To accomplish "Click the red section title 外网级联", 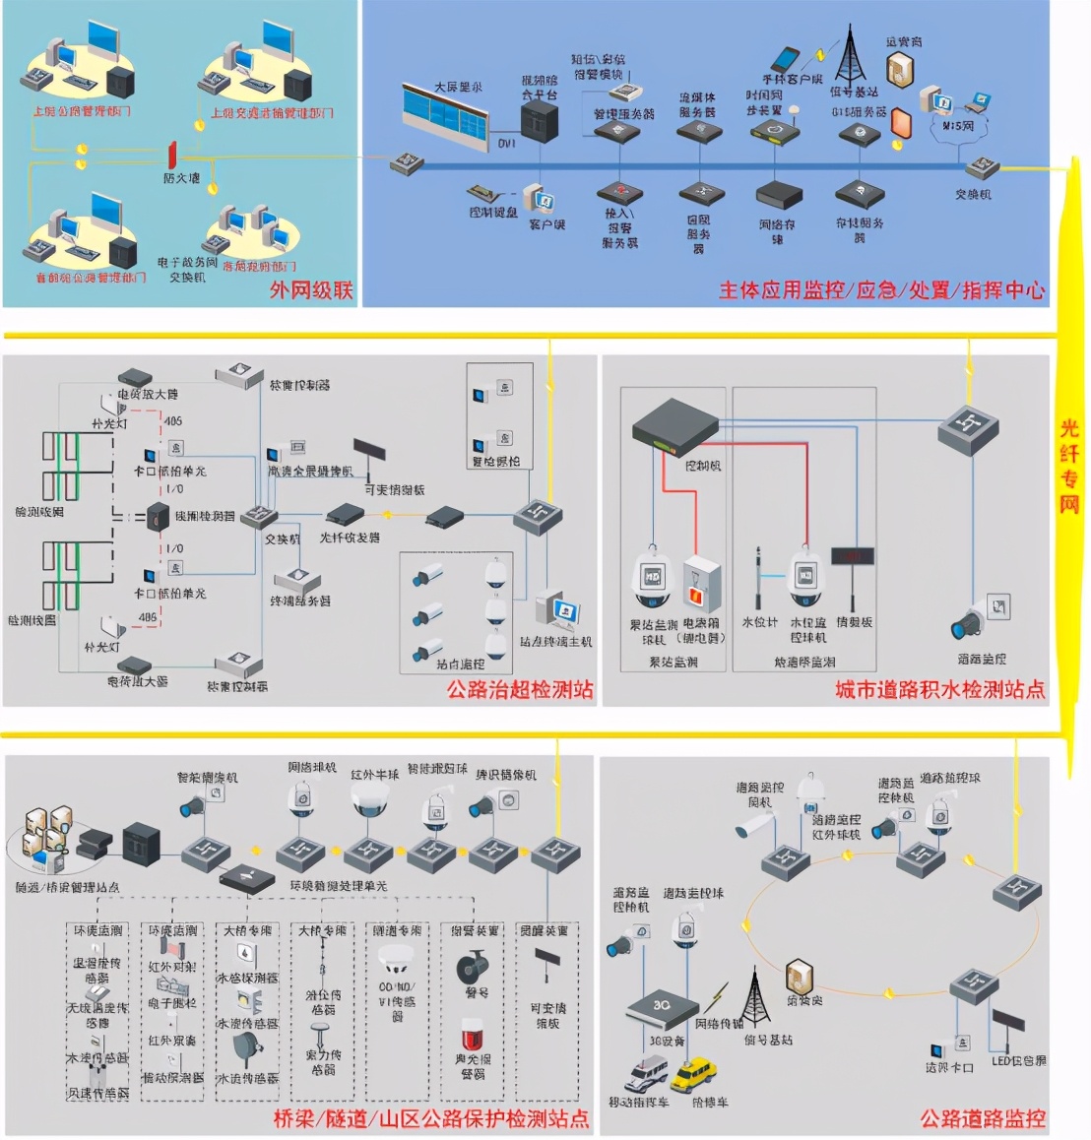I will coord(311,289).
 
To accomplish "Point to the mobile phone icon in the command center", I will coord(785,58).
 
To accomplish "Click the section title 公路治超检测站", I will coord(520,689).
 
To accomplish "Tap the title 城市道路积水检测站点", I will coord(939,689).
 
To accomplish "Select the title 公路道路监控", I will coord(982,1118).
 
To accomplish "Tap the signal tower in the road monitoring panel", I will coord(754,997).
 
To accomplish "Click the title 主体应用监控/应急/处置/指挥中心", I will coord(881,289).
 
